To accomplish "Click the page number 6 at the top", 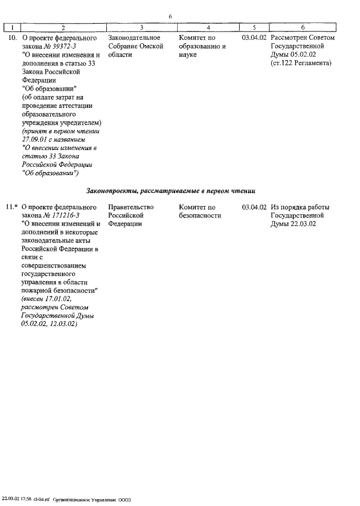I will pos(170,17).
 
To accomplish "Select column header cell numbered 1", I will pos(12,27).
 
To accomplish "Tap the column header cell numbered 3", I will pos(142,27).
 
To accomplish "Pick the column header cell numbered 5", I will pos(254,27).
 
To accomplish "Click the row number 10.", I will pos(11,38).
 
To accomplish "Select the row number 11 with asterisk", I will pos(12,207).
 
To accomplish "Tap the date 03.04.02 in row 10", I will pos(254,38).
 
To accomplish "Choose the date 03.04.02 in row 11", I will pos(254,207).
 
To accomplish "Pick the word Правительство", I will pos(130,207).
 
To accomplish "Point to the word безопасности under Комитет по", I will pos(200,216).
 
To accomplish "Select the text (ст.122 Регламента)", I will pos(301,64).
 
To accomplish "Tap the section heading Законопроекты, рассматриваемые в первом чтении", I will pos(171,190).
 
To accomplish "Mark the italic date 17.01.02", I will pos(58,300).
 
